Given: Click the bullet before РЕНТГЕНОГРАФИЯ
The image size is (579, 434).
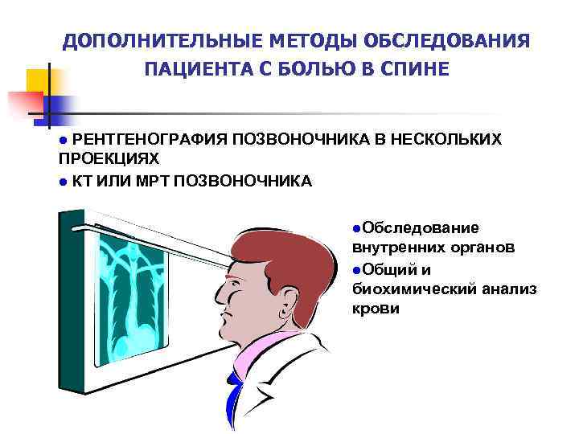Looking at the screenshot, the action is coord(64,141).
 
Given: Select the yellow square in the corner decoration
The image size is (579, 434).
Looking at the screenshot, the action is coord(38,80).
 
